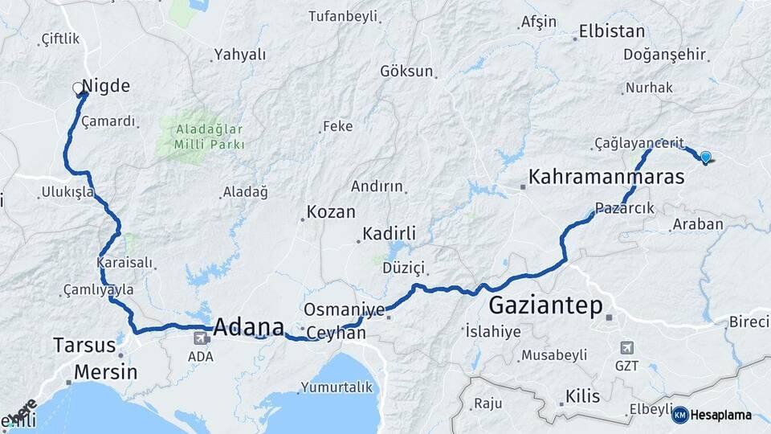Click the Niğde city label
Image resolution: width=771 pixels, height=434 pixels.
(x=106, y=87)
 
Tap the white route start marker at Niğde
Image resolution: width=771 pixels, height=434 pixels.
(x=78, y=88)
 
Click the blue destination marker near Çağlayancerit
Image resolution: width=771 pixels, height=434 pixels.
(x=705, y=157)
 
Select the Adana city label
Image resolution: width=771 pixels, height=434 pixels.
(x=249, y=327)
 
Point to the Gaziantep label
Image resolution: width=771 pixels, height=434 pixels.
(x=545, y=305)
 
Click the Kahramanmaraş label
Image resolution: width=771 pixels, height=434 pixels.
(x=606, y=177)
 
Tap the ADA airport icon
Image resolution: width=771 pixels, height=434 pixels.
(x=198, y=338)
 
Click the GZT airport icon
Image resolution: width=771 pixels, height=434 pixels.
(x=626, y=347)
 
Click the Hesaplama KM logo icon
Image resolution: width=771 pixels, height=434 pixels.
(x=679, y=415)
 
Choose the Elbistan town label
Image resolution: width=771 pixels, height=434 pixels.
(x=612, y=32)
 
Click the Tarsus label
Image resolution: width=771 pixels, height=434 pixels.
(x=84, y=346)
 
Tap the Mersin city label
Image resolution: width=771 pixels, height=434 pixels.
(x=105, y=373)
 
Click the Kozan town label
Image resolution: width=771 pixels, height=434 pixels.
(x=331, y=213)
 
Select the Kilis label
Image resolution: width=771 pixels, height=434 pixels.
(x=582, y=396)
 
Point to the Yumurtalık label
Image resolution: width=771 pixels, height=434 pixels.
(x=337, y=387)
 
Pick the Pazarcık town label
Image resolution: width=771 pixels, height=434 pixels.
(x=626, y=207)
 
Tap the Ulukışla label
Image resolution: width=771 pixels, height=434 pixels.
(x=66, y=193)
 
